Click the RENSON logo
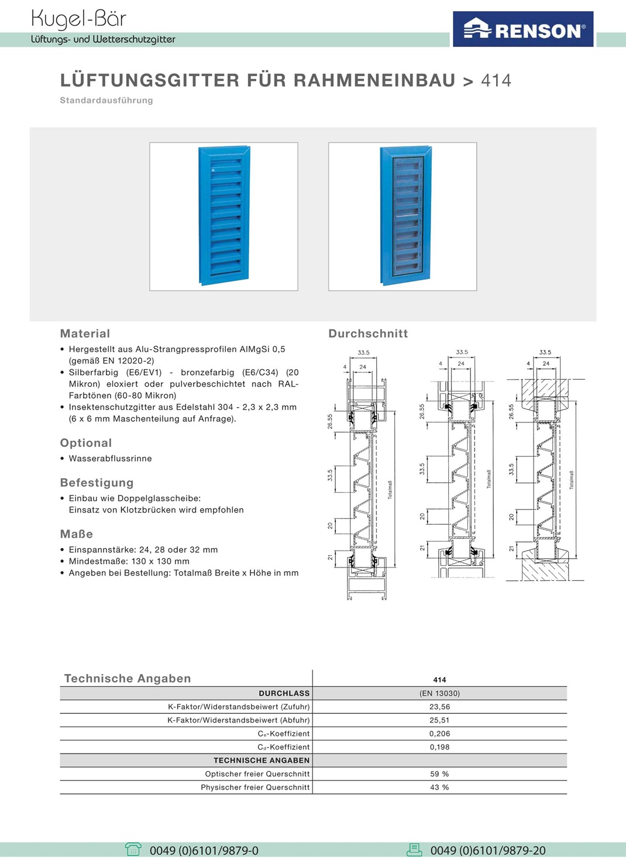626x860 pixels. coord(524,29)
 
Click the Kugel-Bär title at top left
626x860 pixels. coord(78,19)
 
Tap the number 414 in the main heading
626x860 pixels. coord(496,80)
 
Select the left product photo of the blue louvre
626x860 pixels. coord(223,216)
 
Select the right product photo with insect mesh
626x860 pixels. coord(403,216)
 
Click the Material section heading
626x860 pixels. coord(85,333)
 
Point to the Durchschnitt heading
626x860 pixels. coord(368,333)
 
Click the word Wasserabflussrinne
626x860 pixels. coord(110,459)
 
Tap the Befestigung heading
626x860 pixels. coord(97,483)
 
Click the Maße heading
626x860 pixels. coord(77,534)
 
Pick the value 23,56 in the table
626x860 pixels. coord(439,707)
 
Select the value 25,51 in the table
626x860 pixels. coord(439,720)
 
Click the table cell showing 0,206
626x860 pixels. coord(439,734)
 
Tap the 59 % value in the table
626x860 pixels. coord(439,774)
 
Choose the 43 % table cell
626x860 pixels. coord(439,787)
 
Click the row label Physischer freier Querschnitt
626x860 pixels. coord(255,787)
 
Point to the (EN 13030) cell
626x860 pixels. coord(439,693)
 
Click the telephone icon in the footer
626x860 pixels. coord(133,849)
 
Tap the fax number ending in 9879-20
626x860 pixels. coord(488,851)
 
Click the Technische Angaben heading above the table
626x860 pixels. coord(128,679)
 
